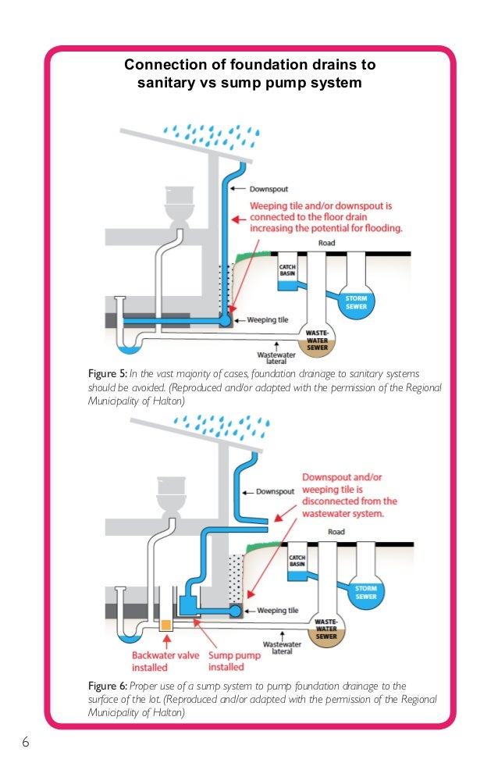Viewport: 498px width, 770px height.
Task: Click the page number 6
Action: (x=26, y=741)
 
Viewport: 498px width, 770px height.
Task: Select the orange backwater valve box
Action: (x=166, y=625)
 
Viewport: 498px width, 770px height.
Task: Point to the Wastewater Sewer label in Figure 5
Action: (x=318, y=337)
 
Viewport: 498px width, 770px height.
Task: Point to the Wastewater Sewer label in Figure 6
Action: (x=326, y=626)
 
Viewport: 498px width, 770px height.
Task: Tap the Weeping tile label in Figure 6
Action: (x=277, y=610)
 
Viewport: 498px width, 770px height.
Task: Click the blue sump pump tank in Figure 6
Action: (x=190, y=603)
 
